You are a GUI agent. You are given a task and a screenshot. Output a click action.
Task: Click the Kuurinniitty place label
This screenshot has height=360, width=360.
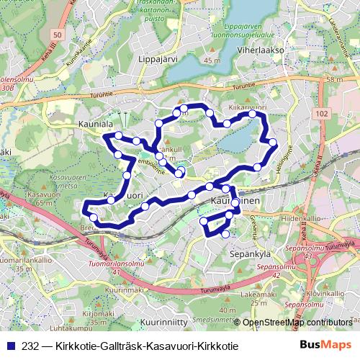pyautogui.click(x=165, y=321)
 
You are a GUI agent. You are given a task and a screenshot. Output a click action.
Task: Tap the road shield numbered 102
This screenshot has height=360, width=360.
pyautogui.click(x=323, y=114)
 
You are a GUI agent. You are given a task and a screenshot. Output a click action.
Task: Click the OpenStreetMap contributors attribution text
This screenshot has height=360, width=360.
pyautogui.click(x=297, y=322)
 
